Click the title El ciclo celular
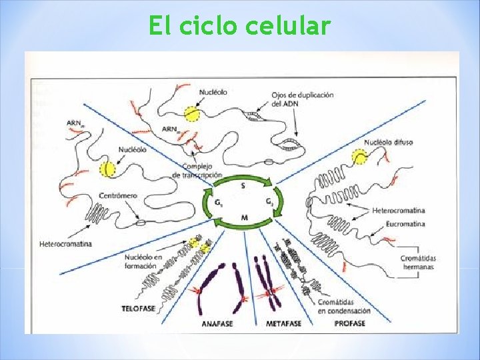pos(239,26)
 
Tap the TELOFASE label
pos(139,308)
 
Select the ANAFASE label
pos(217,324)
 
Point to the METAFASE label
pos(284,324)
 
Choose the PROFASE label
pos(350,324)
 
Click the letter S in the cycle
pos(243,186)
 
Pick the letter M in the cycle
pos(244,217)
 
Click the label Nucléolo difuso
pos(388,142)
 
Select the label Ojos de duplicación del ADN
pos(303,99)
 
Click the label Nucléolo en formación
pos(143,261)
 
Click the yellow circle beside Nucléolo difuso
pos(361,157)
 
